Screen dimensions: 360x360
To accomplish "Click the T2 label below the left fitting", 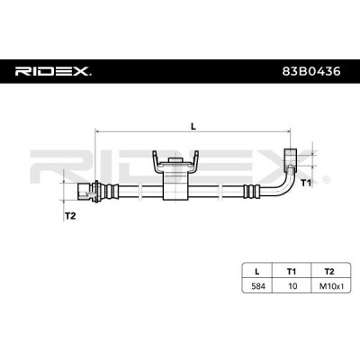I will [x=69, y=215].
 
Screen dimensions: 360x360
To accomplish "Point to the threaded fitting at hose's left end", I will [x=88, y=191].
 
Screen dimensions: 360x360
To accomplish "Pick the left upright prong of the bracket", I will [x=154, y=159].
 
